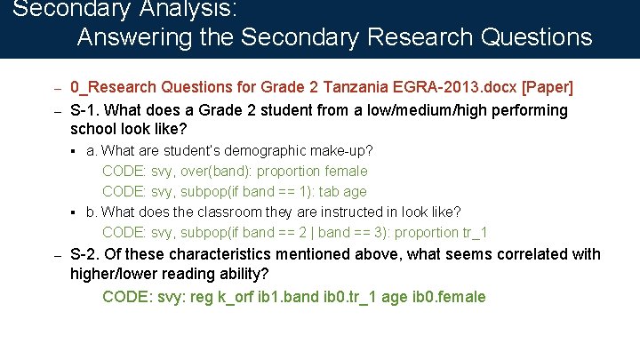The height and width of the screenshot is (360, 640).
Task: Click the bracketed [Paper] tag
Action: point(548,88)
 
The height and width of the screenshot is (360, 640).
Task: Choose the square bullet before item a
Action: point(74,151)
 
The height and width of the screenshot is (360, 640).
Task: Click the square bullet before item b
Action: point(74,212)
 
